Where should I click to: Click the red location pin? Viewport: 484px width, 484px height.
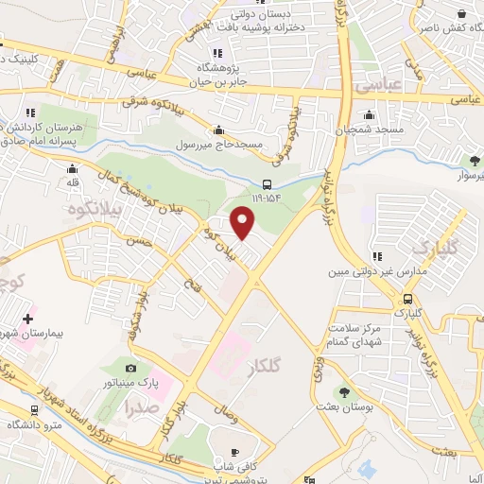pos(244,224)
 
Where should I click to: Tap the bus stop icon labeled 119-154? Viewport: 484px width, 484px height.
pos(268,185)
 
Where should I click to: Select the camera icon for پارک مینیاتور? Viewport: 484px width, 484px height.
pos(130,368)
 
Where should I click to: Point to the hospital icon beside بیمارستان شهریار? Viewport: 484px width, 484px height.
pos(27,320)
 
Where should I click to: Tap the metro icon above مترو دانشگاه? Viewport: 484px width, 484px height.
pos(35,411)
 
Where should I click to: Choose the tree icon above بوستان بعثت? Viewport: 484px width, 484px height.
pos(343,392)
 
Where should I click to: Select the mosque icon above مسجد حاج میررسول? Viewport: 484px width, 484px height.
pos(220,130)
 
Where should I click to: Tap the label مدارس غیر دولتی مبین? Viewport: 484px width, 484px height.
pos(365,271)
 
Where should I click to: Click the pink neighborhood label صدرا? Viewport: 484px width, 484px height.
pos(140,408)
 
